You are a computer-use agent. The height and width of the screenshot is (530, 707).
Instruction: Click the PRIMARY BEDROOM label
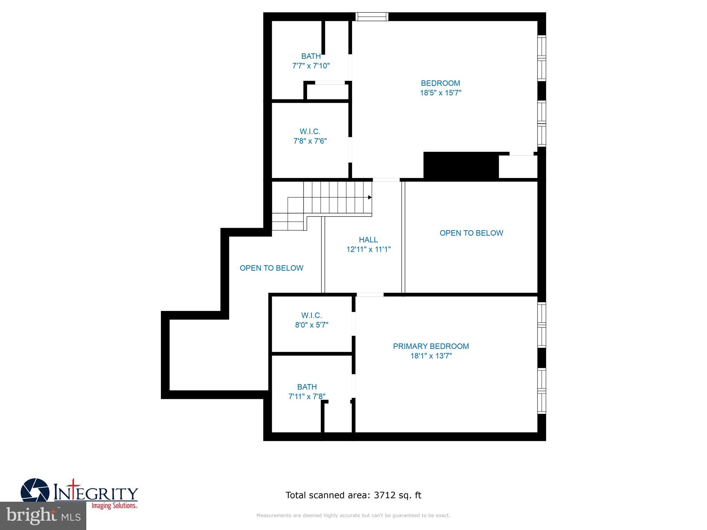click(431, 346)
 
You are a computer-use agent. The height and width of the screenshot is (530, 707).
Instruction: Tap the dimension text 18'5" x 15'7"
click(440, 93)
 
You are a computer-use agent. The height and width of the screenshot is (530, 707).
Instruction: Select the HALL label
click(368, 239)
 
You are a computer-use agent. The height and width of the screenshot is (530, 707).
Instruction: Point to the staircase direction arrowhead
click(370, 197)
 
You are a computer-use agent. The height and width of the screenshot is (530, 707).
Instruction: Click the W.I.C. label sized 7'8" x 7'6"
click(310, 131)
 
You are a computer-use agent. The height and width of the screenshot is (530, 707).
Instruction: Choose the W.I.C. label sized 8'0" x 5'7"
click(311, 315)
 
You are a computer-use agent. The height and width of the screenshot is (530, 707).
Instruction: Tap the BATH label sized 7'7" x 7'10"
click(311, 56)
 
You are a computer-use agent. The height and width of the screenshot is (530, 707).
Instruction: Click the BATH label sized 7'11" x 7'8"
click(307, 387)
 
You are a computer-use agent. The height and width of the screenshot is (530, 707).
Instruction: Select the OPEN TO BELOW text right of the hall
click(471, 233)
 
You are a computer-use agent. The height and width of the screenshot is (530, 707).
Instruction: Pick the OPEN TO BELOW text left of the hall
click(271, 268)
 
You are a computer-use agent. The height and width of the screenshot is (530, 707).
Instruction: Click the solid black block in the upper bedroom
click(461, 166)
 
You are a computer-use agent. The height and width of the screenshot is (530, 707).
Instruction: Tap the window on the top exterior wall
click(372, 17)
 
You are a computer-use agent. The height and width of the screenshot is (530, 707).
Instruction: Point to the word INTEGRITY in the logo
click(96, 493)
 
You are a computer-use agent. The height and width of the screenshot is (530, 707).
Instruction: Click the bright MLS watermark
click(43, 516)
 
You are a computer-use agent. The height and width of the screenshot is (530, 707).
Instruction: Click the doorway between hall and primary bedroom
click(370, 295)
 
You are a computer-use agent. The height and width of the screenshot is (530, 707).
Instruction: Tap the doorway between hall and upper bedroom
click(386, 180)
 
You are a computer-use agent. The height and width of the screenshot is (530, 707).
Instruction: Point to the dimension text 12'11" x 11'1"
click(368, 249)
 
